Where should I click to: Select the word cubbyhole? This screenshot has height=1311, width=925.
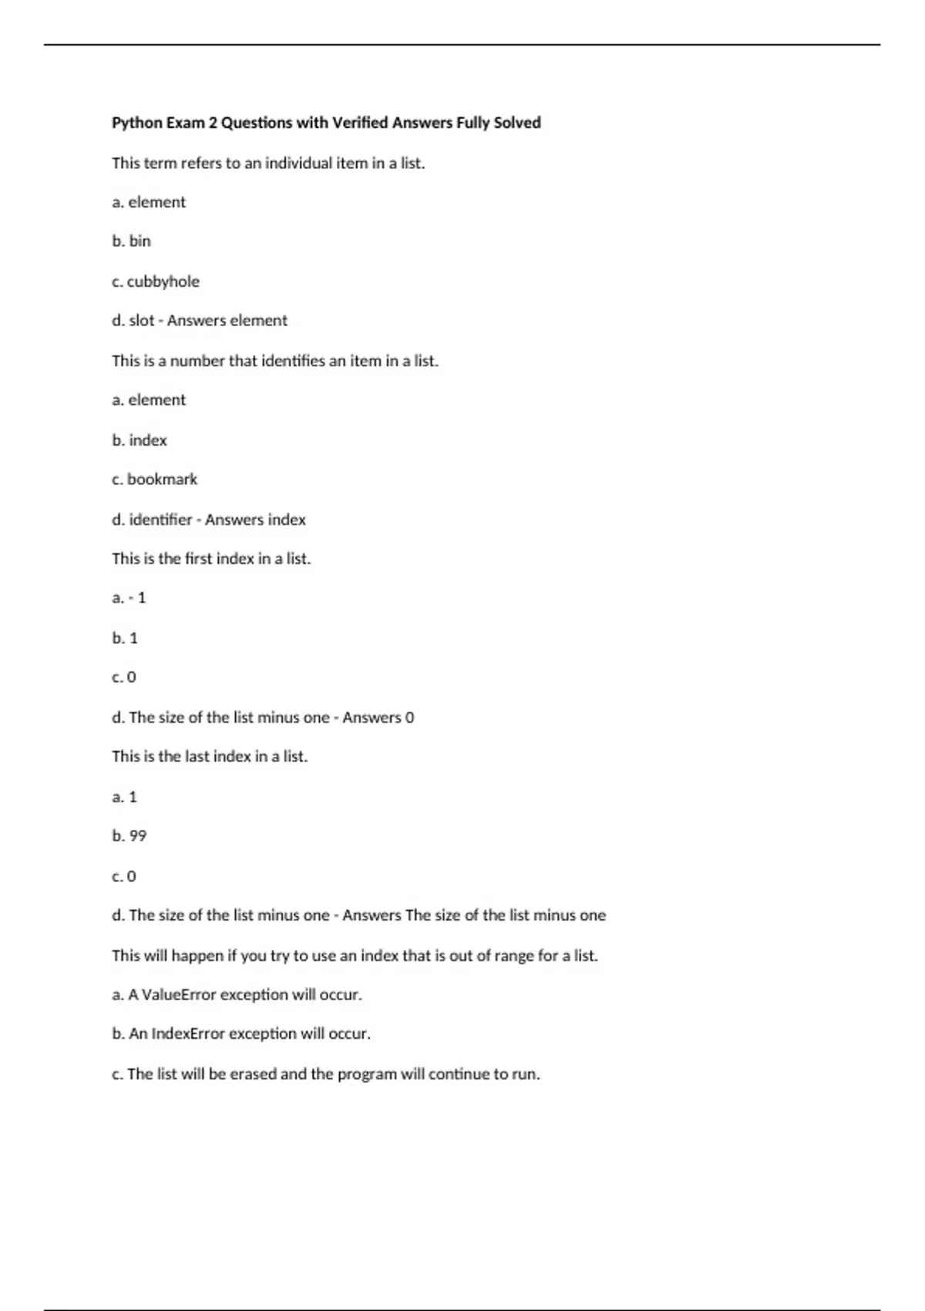tap(163, 281)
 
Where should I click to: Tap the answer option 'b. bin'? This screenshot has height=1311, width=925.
tap(131, 241)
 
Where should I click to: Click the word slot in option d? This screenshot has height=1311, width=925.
tap(142, 321)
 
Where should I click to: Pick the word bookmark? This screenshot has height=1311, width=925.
tap(162, 480)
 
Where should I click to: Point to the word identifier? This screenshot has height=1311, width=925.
tap(160, 520)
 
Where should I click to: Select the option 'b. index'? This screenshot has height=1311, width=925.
tap(140, 440)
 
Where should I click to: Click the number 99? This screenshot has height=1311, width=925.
tap(137, 836)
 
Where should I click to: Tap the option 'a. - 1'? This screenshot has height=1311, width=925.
tap(129, 598)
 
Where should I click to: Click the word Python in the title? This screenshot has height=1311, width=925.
tap(137, 123)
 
